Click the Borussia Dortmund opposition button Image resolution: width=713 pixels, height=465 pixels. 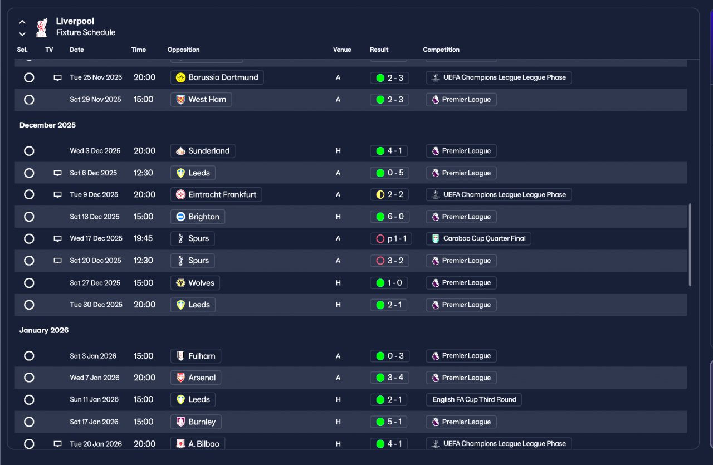217,77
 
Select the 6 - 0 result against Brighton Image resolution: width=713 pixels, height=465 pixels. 389,217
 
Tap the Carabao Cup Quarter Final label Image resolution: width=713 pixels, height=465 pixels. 478,238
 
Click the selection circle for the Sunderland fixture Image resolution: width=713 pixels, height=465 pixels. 29,151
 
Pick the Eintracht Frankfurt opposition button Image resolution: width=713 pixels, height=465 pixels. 216,194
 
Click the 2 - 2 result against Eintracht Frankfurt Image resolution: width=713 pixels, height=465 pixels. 389,194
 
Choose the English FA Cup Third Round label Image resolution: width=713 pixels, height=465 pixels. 474,399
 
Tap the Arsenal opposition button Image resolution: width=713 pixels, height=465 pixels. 196,378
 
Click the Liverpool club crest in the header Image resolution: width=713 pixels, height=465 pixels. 41,27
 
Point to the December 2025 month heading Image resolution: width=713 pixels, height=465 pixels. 47,125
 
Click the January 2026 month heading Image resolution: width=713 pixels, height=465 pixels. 44,330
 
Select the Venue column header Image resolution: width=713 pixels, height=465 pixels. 342,50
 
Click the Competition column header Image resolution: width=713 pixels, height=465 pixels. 441,50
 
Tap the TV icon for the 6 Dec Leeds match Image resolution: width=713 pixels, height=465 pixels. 57,173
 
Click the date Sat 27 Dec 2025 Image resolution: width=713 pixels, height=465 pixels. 95,283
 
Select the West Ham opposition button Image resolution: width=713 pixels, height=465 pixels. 201,100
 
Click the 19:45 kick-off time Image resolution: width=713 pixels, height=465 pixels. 144,238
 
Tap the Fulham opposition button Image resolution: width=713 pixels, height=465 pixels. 196,356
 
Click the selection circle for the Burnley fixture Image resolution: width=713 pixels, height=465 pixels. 29,422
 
